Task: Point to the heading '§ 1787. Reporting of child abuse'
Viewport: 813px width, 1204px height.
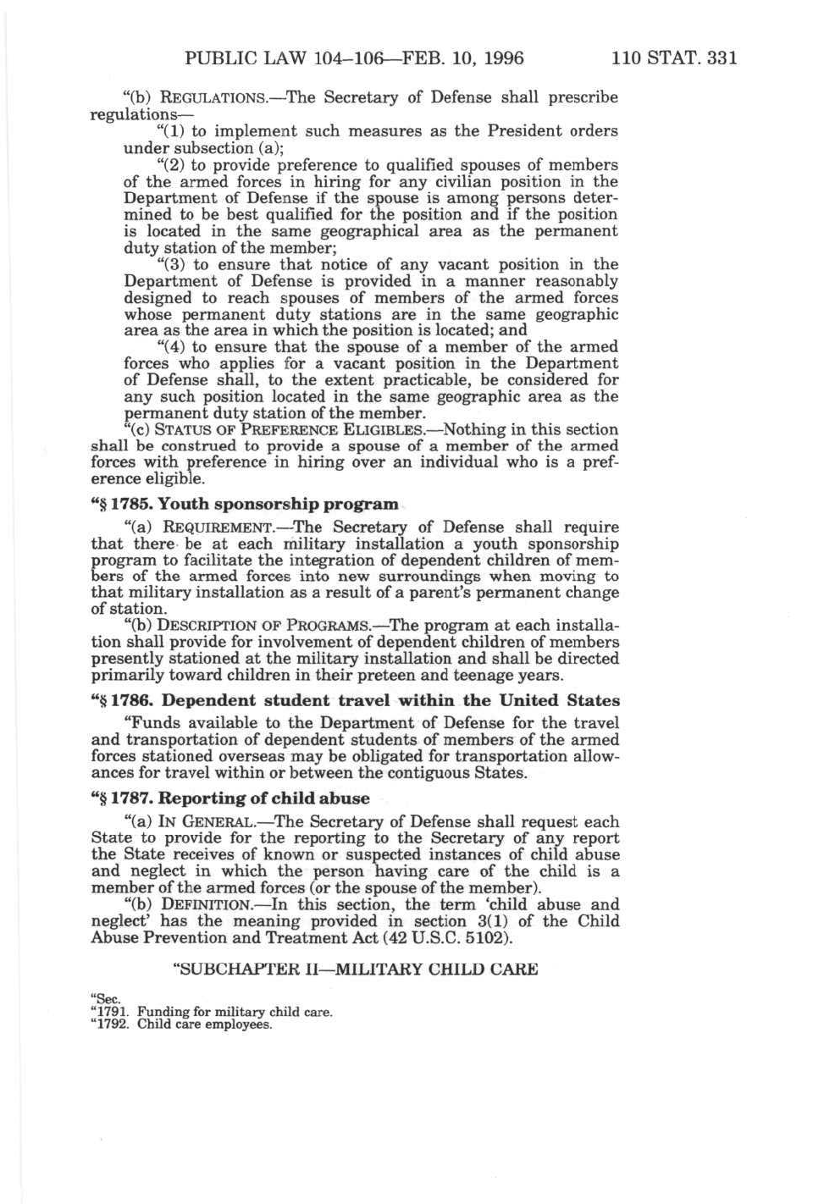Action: coord(230,798)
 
